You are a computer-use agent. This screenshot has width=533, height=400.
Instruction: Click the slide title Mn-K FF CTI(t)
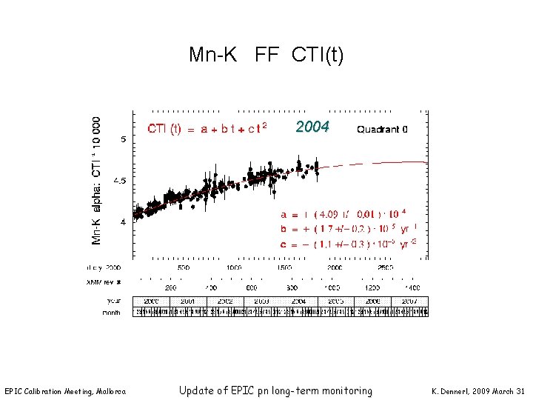(266, 55)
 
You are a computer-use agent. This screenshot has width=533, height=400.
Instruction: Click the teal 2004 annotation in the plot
(312, 127)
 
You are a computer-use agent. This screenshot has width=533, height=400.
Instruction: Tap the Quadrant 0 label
(382, 129)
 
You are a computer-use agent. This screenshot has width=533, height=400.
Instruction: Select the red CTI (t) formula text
(207, 129)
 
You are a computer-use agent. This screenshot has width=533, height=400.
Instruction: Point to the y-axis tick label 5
(123, 139)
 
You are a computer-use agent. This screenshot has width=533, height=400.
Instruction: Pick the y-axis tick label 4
(123, 221)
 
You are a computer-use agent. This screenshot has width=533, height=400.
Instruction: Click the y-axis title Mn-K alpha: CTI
(97, 180)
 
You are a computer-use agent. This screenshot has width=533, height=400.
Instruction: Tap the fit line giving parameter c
(349, 243)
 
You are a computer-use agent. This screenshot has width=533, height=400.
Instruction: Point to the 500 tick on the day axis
(183, 267)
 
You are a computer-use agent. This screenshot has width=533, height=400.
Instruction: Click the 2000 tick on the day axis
(335, 267)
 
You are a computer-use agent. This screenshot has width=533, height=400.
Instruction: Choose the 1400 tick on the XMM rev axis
(412, 287)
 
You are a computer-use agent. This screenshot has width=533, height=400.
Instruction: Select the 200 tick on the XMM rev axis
(171, 287)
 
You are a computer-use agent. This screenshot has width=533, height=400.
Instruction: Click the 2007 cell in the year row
(409, 301)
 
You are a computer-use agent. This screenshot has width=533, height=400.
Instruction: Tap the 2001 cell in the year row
(188, 301)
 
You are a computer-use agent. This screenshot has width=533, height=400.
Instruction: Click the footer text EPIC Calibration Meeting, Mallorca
(65, 392)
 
